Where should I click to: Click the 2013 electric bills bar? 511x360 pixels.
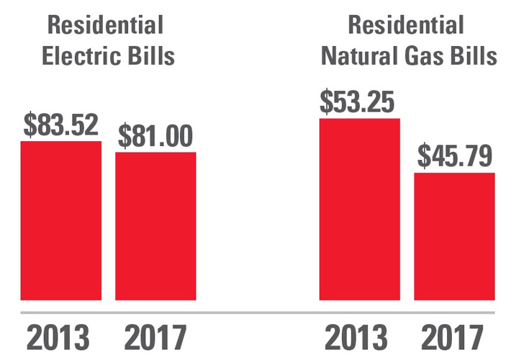[61, 220]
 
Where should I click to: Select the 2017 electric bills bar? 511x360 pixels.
[155, 226]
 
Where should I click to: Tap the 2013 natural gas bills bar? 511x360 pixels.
[359, 209]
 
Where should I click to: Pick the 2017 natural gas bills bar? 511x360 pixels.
[453, 236]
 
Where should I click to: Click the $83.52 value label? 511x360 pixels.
[61, 125]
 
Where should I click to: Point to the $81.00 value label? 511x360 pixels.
[156, 135]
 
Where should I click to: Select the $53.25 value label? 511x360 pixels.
[358, 102]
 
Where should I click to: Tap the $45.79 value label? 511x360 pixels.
[454, 156]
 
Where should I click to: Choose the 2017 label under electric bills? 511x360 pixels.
[155, 338]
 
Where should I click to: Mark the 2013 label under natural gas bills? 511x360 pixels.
[358, 338]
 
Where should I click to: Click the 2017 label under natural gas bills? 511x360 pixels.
[453, 338]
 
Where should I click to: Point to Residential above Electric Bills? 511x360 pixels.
[105, 25]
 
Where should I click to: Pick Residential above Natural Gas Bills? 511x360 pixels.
[406, 25]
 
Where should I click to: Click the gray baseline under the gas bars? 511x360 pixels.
[407, 312]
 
